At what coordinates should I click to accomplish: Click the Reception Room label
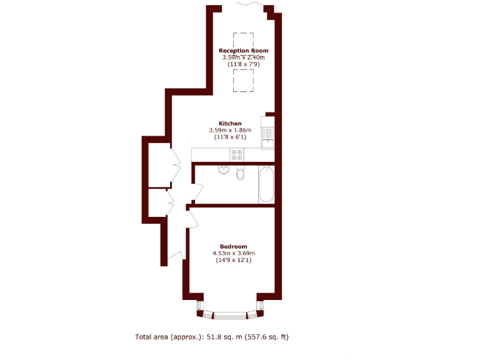(243, 51)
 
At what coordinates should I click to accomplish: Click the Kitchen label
(230, 123)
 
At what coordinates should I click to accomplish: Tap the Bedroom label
(233, 246)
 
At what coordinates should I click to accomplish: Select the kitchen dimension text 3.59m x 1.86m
(230, 130)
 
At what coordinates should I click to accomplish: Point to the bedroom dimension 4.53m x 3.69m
(234, 252)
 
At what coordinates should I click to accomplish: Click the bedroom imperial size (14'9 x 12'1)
(233, 259)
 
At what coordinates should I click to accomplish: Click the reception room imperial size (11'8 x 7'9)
(243, 64)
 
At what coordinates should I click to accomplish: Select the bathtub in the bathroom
(266, 184)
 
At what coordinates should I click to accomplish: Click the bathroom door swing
(197, 193)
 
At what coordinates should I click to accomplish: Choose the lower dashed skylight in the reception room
(244, 80)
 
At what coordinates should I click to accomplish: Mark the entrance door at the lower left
(176, 256)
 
